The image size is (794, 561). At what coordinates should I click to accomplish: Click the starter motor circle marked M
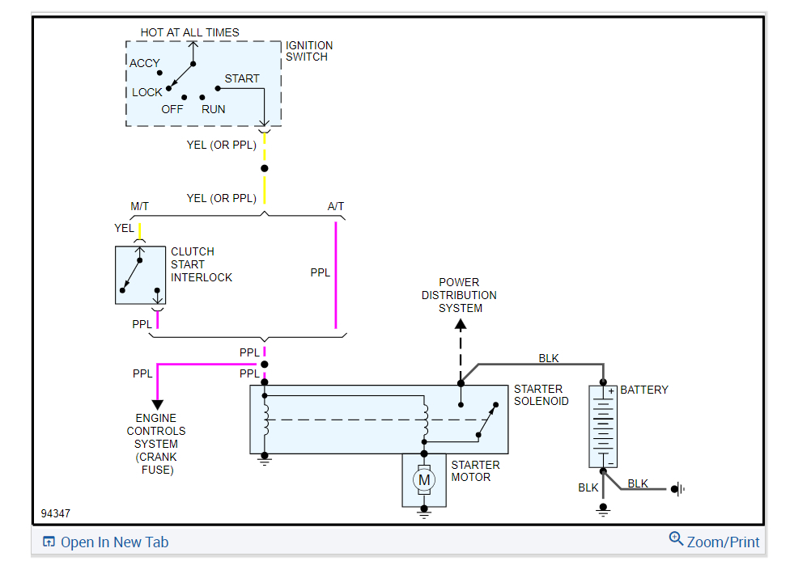coord(424,479)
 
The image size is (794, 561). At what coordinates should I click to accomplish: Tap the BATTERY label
coord(644,390)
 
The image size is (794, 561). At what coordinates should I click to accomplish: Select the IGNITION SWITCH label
coord(309,51)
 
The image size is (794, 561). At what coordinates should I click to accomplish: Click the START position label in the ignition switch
coord(242,78)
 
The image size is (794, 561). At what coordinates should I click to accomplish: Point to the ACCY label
coord(145,63)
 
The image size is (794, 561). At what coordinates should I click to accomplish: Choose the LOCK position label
coord(146,93)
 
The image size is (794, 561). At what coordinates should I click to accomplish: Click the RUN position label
coord(213,109)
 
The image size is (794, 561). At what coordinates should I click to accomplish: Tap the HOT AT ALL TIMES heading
coord(190,32)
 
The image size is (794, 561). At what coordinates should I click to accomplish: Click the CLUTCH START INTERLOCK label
coord(202,264)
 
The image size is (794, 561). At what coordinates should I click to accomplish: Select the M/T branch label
coord(140,206)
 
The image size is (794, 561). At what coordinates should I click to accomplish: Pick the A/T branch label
coord(336,206)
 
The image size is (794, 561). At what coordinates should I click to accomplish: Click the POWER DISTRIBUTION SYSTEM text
coord(459,295)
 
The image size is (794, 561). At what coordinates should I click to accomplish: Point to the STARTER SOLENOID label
coord(541,395)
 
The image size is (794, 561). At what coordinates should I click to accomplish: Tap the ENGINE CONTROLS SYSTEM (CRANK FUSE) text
coord(156,444)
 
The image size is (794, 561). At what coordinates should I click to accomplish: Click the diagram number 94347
coord(56,513)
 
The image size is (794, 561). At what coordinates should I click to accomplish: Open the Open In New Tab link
coord(106,542)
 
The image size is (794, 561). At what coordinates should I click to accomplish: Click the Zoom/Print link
coord(715,541)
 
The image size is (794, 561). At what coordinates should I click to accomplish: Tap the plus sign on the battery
coord(611,391)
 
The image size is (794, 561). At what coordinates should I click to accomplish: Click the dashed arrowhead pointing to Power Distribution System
coord(461,325)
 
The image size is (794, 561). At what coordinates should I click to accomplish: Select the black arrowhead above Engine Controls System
coord(158,405)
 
